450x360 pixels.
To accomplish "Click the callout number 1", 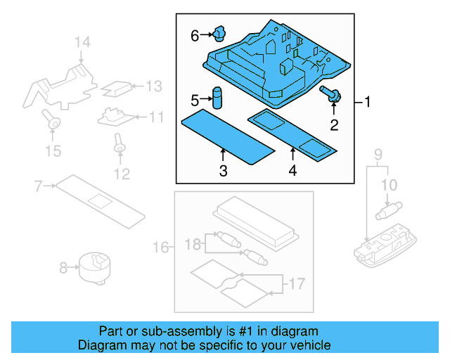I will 367,103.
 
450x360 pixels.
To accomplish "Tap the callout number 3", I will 222,171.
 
